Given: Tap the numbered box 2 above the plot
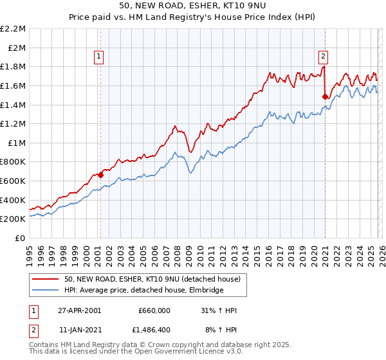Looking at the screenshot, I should (322, 56).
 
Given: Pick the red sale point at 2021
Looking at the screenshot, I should (326, 96).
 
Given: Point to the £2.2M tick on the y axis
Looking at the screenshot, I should (14, 29).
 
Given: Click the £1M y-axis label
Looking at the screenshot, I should (18, 143).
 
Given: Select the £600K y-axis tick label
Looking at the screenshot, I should (14, 181).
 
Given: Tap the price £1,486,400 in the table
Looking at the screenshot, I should (153, 330).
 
